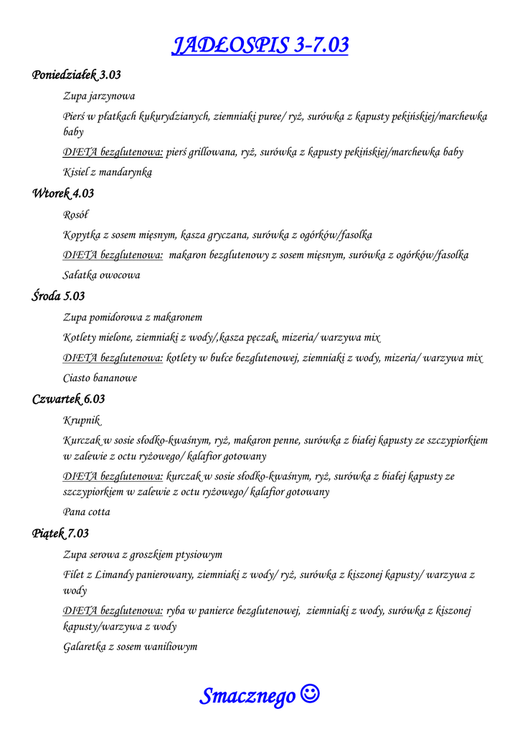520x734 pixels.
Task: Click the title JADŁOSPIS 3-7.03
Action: click(260, 45)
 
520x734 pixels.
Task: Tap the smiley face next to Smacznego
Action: click(311, 694)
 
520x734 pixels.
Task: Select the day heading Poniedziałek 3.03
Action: click(77, 75)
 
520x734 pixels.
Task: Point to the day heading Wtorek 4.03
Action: click(63, 194)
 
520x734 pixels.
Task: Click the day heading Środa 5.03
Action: click(59, 296)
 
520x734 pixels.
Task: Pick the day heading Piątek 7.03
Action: click(61, 533)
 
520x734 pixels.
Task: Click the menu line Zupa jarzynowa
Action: click(99, 95)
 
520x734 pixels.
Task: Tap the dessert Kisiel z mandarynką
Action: click(108, 172)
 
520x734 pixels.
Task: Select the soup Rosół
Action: click(76, 214)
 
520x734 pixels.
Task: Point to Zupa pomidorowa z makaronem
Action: click(133, 317)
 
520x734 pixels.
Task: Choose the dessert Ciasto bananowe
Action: click(100, 378)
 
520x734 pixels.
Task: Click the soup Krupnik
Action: click(82, 420)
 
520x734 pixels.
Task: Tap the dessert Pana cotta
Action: click(87, 512)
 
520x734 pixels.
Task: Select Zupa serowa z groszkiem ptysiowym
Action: click(143, 554)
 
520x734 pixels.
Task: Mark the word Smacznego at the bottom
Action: click(247, 695)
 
